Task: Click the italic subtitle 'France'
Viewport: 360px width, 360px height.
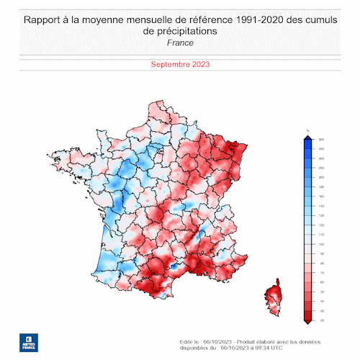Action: point(179,42)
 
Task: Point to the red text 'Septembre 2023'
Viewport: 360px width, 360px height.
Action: point(179,64)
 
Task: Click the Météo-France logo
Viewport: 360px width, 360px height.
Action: point(28,341)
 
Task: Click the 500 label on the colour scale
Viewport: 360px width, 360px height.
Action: point(321,139)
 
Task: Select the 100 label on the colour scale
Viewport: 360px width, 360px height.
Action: point(321,244)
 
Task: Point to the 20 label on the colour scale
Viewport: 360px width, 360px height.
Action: point(321,320)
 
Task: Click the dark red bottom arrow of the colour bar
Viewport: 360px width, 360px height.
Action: point(307,322)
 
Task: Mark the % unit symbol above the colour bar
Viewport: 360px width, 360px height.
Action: point(307,130)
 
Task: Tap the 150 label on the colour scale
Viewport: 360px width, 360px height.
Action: point(321,205)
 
